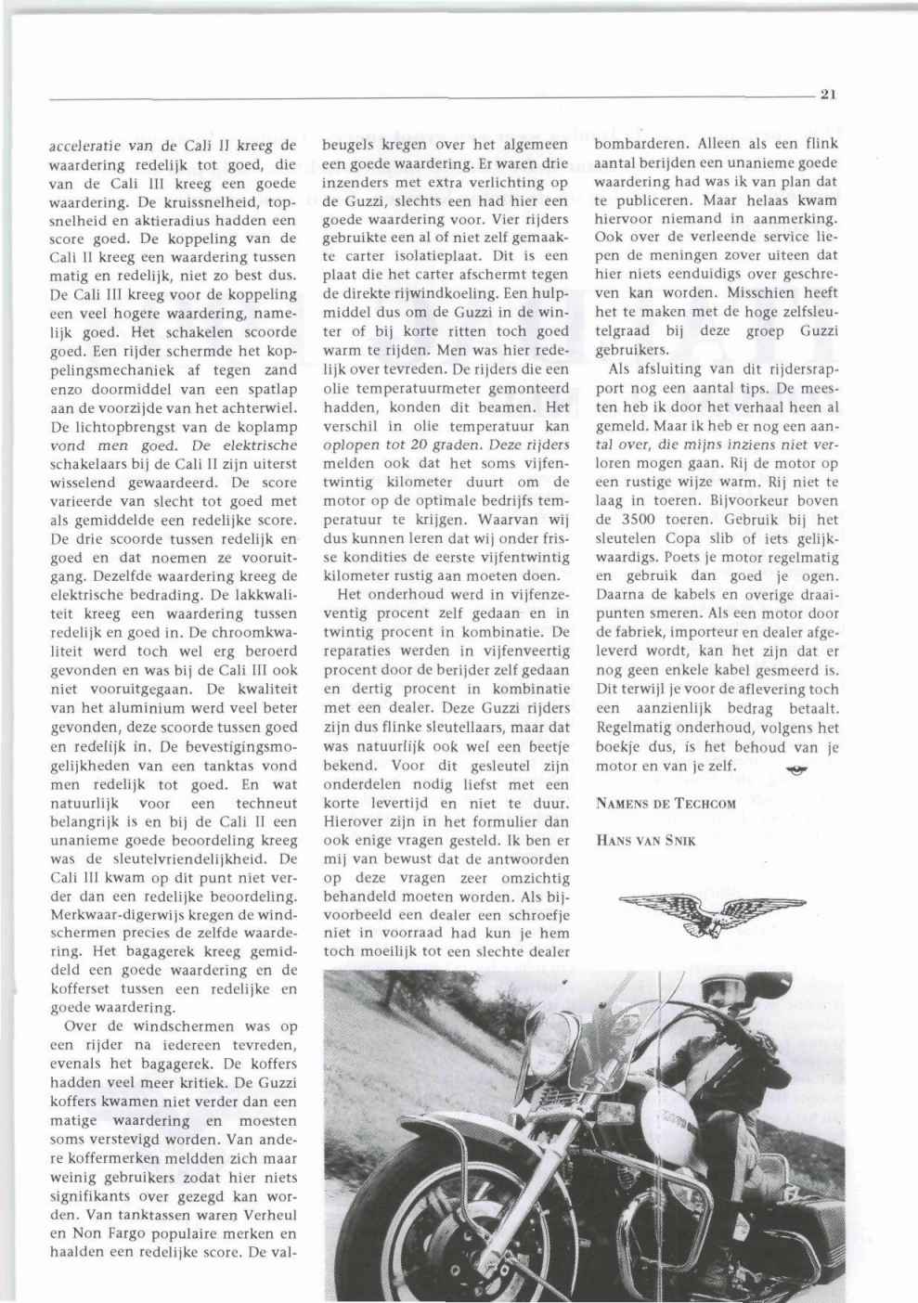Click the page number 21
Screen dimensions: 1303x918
pos(829,93)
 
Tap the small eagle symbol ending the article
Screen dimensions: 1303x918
pos(795,768)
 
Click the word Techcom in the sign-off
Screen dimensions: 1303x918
pos(705,805)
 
